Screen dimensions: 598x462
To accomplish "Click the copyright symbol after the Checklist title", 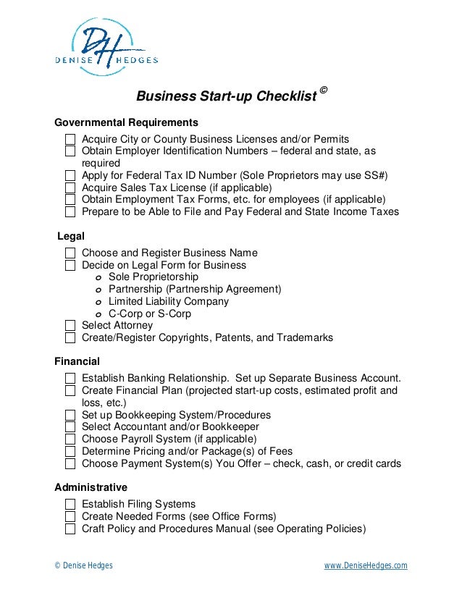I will click(x=323, y=90).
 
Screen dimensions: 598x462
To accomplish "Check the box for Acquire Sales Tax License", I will click(x=70, y=188).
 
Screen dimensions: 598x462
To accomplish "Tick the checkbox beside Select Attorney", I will click(x=70, y=326).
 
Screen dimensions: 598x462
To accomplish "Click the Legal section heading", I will click(x=71, y=236).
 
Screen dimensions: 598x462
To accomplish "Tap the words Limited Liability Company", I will click(x=168, y=301).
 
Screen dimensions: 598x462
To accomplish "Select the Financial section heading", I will click(x=77, y=361).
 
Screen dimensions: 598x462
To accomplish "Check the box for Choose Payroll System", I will click(x=70, y=439).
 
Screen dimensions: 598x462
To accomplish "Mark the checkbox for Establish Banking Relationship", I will click(x=70, y=379).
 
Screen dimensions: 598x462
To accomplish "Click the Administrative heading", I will click(x=91, y=487).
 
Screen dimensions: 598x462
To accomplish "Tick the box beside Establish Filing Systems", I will click(x=70, y=505).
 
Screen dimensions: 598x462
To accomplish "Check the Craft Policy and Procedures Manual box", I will click(x=70, y=529).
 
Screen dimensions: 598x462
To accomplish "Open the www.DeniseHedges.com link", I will click(x=365, y=565).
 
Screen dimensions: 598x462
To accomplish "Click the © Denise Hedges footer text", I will click(x=84, y=565).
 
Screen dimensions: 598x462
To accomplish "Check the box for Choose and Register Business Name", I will click(x=70, y=253).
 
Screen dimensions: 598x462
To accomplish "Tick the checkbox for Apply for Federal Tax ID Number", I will click(x=70, y=175).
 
